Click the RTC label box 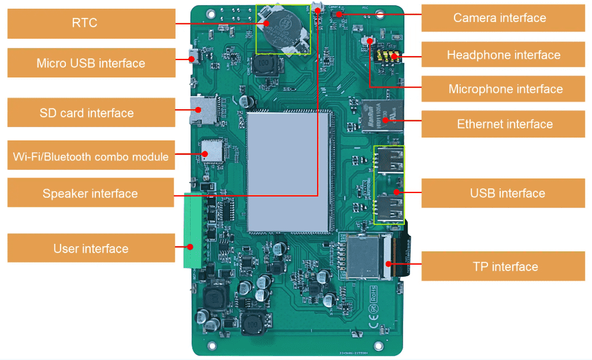91,24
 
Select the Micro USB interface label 91,63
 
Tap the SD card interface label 91,113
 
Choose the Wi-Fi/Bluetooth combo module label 91,156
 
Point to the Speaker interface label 91,193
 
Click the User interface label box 91,248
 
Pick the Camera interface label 499,18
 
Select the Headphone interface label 503,55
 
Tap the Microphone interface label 505,89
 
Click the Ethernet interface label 504,124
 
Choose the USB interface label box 507,193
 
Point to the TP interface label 505,266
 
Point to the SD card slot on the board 203,109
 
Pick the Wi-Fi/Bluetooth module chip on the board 212,151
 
